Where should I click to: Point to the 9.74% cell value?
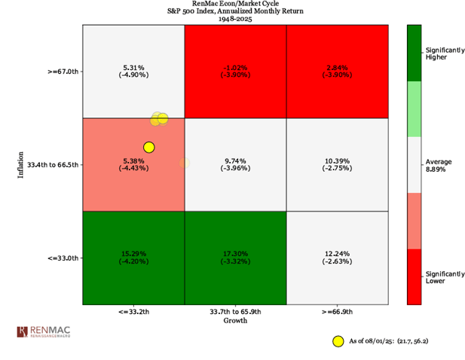(x=235, y=160)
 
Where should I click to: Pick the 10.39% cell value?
(x=338, y=160)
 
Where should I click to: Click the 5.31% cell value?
(x=133, y=67)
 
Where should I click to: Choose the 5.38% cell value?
(x=133, y=160)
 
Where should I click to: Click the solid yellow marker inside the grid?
(x=148, y=147)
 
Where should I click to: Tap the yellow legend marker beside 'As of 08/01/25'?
(x=338, y=340)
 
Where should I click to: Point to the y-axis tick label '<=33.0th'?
(x=63, y=258)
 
